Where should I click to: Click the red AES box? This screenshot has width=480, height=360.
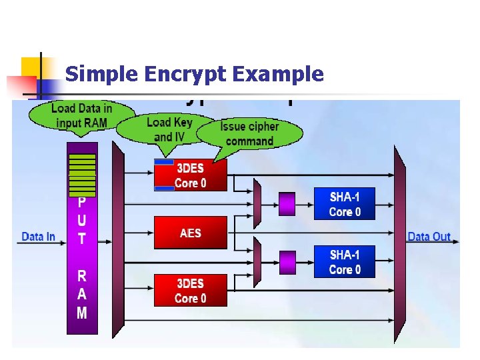point(190,233)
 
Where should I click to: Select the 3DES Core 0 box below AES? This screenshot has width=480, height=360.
point(190,291)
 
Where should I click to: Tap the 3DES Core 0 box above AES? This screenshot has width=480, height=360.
point(191,175)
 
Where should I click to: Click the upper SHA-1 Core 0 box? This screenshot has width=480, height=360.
point(345,204)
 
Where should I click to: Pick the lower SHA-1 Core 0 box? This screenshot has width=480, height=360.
point(345,262)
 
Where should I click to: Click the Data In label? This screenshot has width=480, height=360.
point(39,237)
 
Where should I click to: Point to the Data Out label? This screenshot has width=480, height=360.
point(428,237)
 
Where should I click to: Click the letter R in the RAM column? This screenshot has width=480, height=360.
point(81,276)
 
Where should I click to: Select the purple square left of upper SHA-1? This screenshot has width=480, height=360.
point(287,203)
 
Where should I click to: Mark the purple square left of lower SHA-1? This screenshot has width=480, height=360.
point(287,262)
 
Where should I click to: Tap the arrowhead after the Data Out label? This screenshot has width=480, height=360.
point(455,238)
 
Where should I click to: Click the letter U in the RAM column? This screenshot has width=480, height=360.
point(81,219)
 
